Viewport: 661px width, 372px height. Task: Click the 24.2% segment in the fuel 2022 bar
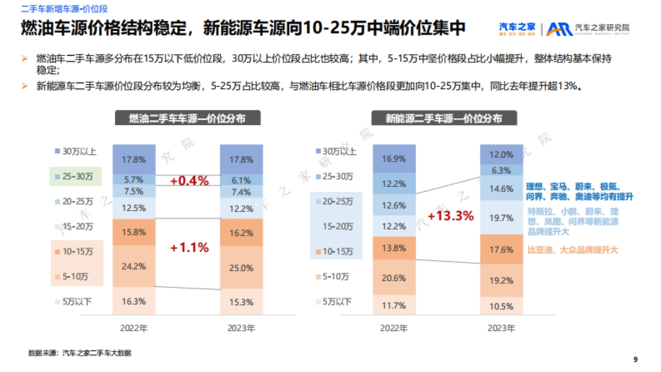(134, 267)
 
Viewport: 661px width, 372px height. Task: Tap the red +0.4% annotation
(189, 181)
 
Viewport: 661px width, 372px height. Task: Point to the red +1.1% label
(189, 248)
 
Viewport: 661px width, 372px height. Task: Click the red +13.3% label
(450, 215)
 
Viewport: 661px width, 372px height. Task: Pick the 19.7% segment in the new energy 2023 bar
(501, 218)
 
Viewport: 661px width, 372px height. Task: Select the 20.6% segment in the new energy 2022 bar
(394, 278)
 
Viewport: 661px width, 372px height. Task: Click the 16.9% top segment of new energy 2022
(394, 159)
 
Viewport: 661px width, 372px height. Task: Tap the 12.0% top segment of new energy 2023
(501, 155)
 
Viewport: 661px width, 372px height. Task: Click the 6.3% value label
(501, 170)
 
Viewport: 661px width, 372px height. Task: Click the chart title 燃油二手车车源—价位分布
(187, 118)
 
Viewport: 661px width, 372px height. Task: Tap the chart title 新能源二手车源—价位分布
(443, 118)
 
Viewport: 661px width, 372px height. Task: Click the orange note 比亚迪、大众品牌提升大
(573, 250)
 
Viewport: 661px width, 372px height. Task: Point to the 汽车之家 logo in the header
(517, 28)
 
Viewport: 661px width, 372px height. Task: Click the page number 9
(636, 359)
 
